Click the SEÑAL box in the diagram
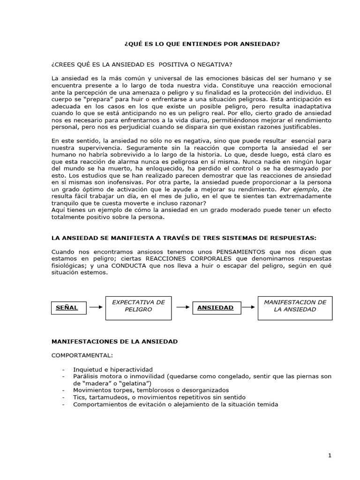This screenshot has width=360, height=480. (67, 307)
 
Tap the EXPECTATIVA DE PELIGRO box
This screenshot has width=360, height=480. (138, 306)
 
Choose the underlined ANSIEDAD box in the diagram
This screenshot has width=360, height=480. (216, 307)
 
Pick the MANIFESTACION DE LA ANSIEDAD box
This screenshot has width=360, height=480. (295, 306)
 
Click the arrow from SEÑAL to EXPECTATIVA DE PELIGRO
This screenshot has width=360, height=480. (96, 307)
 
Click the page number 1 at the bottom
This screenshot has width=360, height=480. (330, 455)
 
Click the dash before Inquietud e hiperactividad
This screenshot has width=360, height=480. (64, 369)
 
